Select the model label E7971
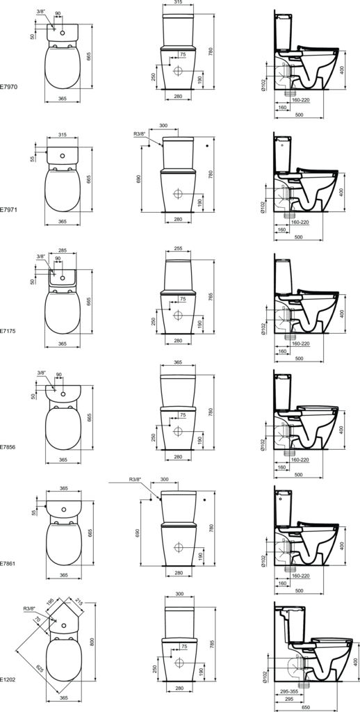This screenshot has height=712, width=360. tap(8, 210)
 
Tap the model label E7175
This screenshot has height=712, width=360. tap(8, 331)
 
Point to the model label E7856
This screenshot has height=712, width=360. tap(8, 447)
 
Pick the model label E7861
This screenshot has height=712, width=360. tap(8, 563)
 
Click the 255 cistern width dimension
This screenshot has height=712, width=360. tap(179, 249)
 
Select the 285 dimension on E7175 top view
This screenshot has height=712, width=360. tap(63, 250)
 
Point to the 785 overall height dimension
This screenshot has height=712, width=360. tap(210, 626)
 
